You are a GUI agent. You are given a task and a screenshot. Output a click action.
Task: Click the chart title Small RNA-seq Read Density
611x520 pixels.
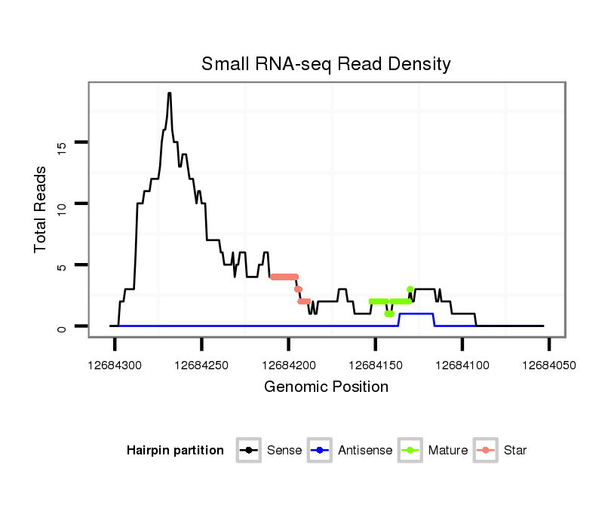[x=326, y=64]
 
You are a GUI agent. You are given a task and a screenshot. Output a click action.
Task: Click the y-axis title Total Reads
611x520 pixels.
[x=41, y=209]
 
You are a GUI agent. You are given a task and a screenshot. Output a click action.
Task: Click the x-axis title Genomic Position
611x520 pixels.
[x=326, y=387]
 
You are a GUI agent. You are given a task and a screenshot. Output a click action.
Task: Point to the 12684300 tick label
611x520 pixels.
[x=115, y=365]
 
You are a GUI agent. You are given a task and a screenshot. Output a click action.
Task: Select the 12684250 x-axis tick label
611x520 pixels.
[x=201, y=365]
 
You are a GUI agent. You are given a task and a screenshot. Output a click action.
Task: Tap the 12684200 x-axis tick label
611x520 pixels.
[x=288, y=365]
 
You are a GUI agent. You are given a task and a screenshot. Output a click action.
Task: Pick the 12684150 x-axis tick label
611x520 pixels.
[x=375, y=365]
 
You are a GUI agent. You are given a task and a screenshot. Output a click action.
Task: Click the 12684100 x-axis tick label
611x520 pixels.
[x=462, y=365]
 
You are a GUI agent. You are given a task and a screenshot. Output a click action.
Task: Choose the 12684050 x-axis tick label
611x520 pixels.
[x=548, y=365]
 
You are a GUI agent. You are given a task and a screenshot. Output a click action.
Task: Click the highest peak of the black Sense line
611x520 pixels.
[x=170, y=93]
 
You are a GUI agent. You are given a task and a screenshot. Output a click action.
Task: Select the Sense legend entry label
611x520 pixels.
[x=284, y=451]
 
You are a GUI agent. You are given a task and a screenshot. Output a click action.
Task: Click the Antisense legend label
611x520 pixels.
[x=365, y=451]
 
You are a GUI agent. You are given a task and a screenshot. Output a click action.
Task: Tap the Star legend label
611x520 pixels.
[x=515, y=451]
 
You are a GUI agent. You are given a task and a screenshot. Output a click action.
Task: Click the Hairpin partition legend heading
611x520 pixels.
[x=175, y=451]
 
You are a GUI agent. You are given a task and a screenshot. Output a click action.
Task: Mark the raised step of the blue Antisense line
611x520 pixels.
[x=416, y=314]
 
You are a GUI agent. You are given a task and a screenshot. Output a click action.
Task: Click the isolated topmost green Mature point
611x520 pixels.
[x=410, y=289]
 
